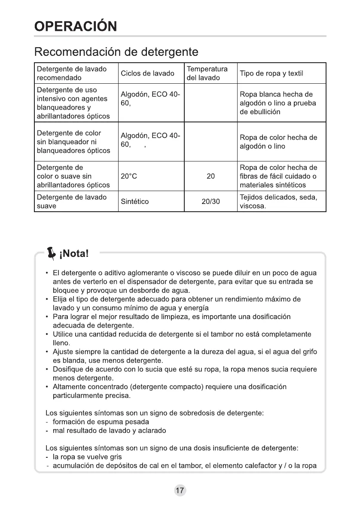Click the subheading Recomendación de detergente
click(x=116, y=52)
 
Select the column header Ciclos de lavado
click(x=147, y=73)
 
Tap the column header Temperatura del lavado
click(x=207, y=73)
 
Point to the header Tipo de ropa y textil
click(x=272, y=73)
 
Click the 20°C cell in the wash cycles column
click(x=129, y=176)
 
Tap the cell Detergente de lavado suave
click(x=71, y=201)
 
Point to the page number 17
click(x=180, y=491)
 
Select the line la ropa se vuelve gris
click(x=87, y=457)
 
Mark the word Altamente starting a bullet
click(x=67, y=386)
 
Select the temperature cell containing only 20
click(x=211, y=176)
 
